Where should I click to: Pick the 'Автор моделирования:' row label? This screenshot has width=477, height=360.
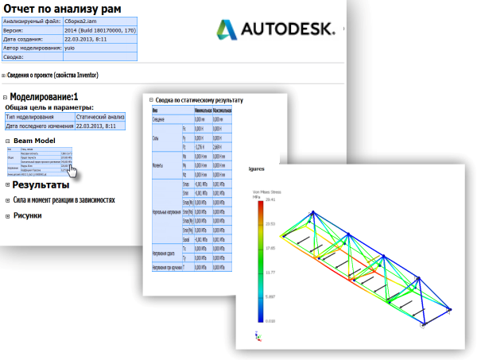(x=33, y=48)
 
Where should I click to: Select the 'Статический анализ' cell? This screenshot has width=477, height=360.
(x=100, y=116)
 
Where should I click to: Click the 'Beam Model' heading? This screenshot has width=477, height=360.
(x=35, y=141)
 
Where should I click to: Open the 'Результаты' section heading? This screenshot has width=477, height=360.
(x=45, y=185)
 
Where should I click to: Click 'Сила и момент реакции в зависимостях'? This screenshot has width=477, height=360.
(x=64, y=199)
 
